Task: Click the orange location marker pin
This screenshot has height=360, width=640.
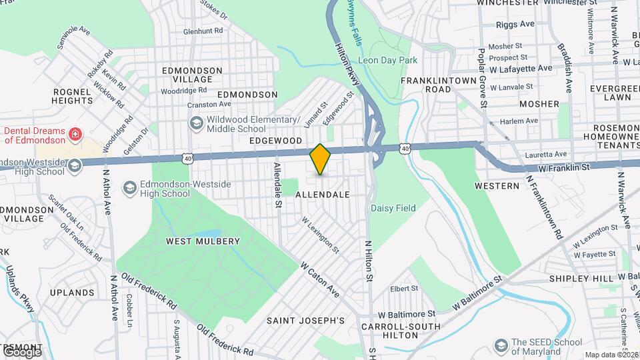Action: (320, 159)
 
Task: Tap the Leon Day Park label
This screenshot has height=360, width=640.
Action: (387, 60)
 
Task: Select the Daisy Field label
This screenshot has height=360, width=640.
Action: (393, 209)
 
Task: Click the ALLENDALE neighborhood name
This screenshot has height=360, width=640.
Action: (322, 195)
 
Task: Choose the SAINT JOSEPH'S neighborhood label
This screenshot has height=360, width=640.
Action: (305, 321)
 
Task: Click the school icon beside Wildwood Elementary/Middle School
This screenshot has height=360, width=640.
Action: (196, 123)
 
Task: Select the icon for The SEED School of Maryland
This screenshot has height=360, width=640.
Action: (501, 345)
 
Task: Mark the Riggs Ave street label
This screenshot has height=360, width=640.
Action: (516, 24)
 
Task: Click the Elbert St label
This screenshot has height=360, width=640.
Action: (404, 289)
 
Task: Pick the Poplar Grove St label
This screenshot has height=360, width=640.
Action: (482, 77)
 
